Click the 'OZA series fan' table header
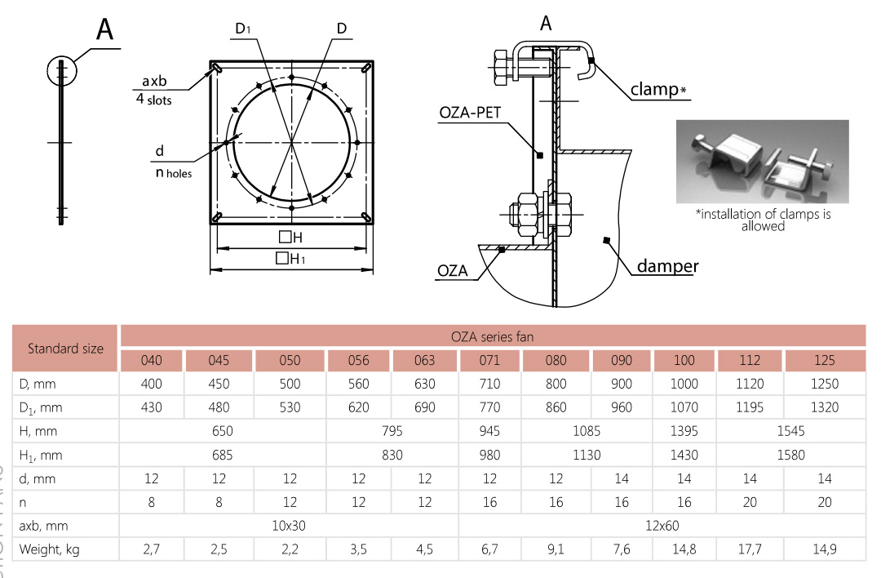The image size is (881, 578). click(492, 337)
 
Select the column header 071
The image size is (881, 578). click(489, 360)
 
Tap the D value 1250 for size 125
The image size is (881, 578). click(824, 384)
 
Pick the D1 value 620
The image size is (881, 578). click(358, 407)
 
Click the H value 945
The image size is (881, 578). click(489, 431)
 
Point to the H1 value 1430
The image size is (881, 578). click(684, 455)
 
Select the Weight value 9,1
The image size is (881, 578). click(556, 549)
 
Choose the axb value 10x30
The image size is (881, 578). click(289, 526)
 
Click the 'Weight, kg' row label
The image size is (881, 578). click(50, 549)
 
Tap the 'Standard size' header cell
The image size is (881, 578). click(66, 349)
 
